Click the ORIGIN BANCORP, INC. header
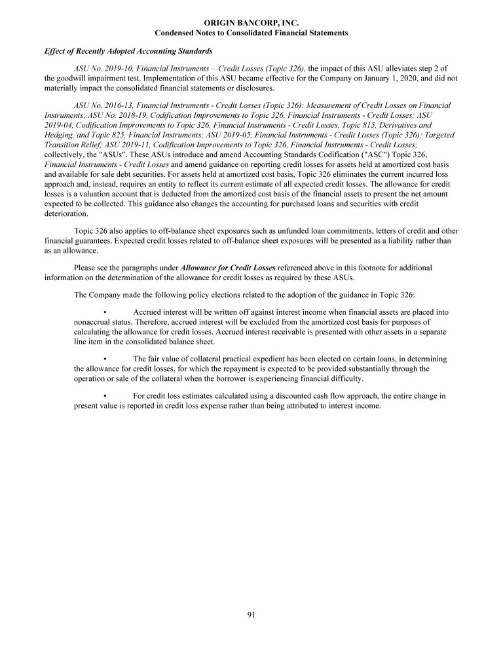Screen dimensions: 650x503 tap(251, 23)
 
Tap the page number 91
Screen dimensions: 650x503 tap(251, 614)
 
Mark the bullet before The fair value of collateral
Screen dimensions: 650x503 tap(105, 359)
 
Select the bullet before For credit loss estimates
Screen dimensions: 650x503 tap(105, 396)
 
